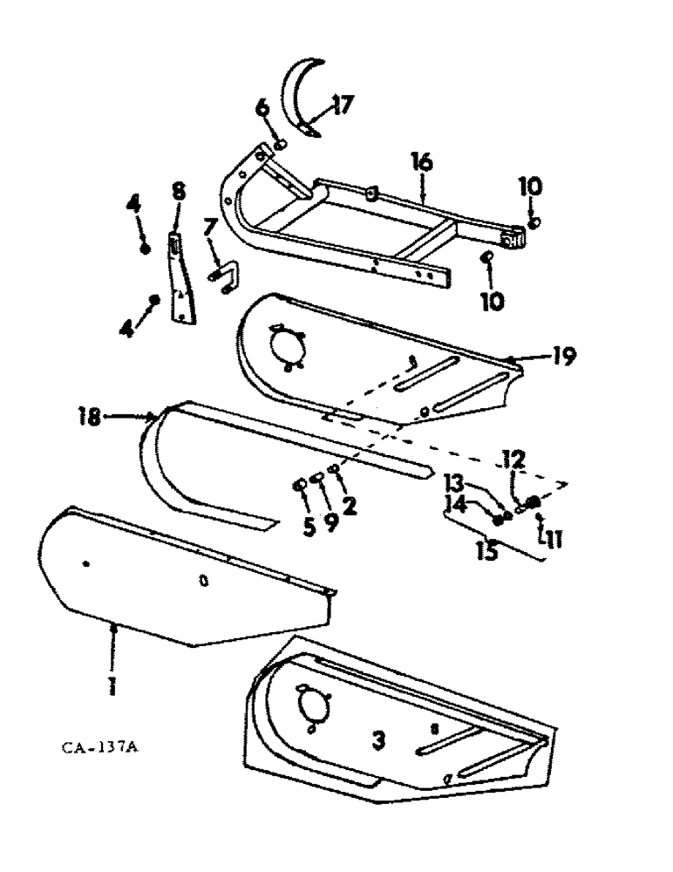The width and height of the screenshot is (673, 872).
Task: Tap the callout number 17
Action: (x=342, y=106)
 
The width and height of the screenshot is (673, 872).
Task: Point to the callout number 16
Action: (x=423, y=162)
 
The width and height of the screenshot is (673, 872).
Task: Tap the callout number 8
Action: (x=179, y=191)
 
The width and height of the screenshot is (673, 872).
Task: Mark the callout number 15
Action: (x=488, y=552)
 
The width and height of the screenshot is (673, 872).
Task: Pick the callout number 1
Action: (x=112, y=686)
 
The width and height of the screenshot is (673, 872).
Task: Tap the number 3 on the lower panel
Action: (x=378, y=741)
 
